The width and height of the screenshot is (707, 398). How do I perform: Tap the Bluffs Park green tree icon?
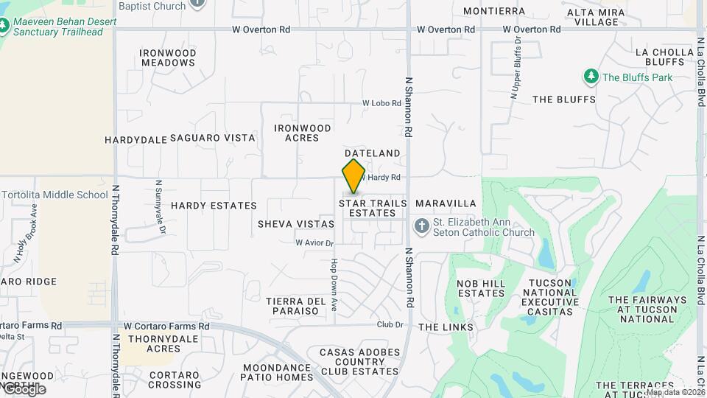590,77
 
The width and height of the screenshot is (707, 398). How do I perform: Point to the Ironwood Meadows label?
169,57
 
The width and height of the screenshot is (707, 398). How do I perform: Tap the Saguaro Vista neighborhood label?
213,138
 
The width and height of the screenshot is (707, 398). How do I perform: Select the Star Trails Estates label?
373,208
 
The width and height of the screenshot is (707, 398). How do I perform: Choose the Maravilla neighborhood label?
446,203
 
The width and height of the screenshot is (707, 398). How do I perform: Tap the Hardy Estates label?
214,206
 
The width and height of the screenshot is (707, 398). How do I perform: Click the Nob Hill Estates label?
481,288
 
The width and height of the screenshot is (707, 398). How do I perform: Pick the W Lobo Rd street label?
380,104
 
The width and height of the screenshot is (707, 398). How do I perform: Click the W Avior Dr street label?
314,242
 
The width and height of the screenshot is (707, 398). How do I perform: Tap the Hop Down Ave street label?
334,283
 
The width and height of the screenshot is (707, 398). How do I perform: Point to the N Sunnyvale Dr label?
159,207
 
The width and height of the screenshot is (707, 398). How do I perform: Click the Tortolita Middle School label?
55,195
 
